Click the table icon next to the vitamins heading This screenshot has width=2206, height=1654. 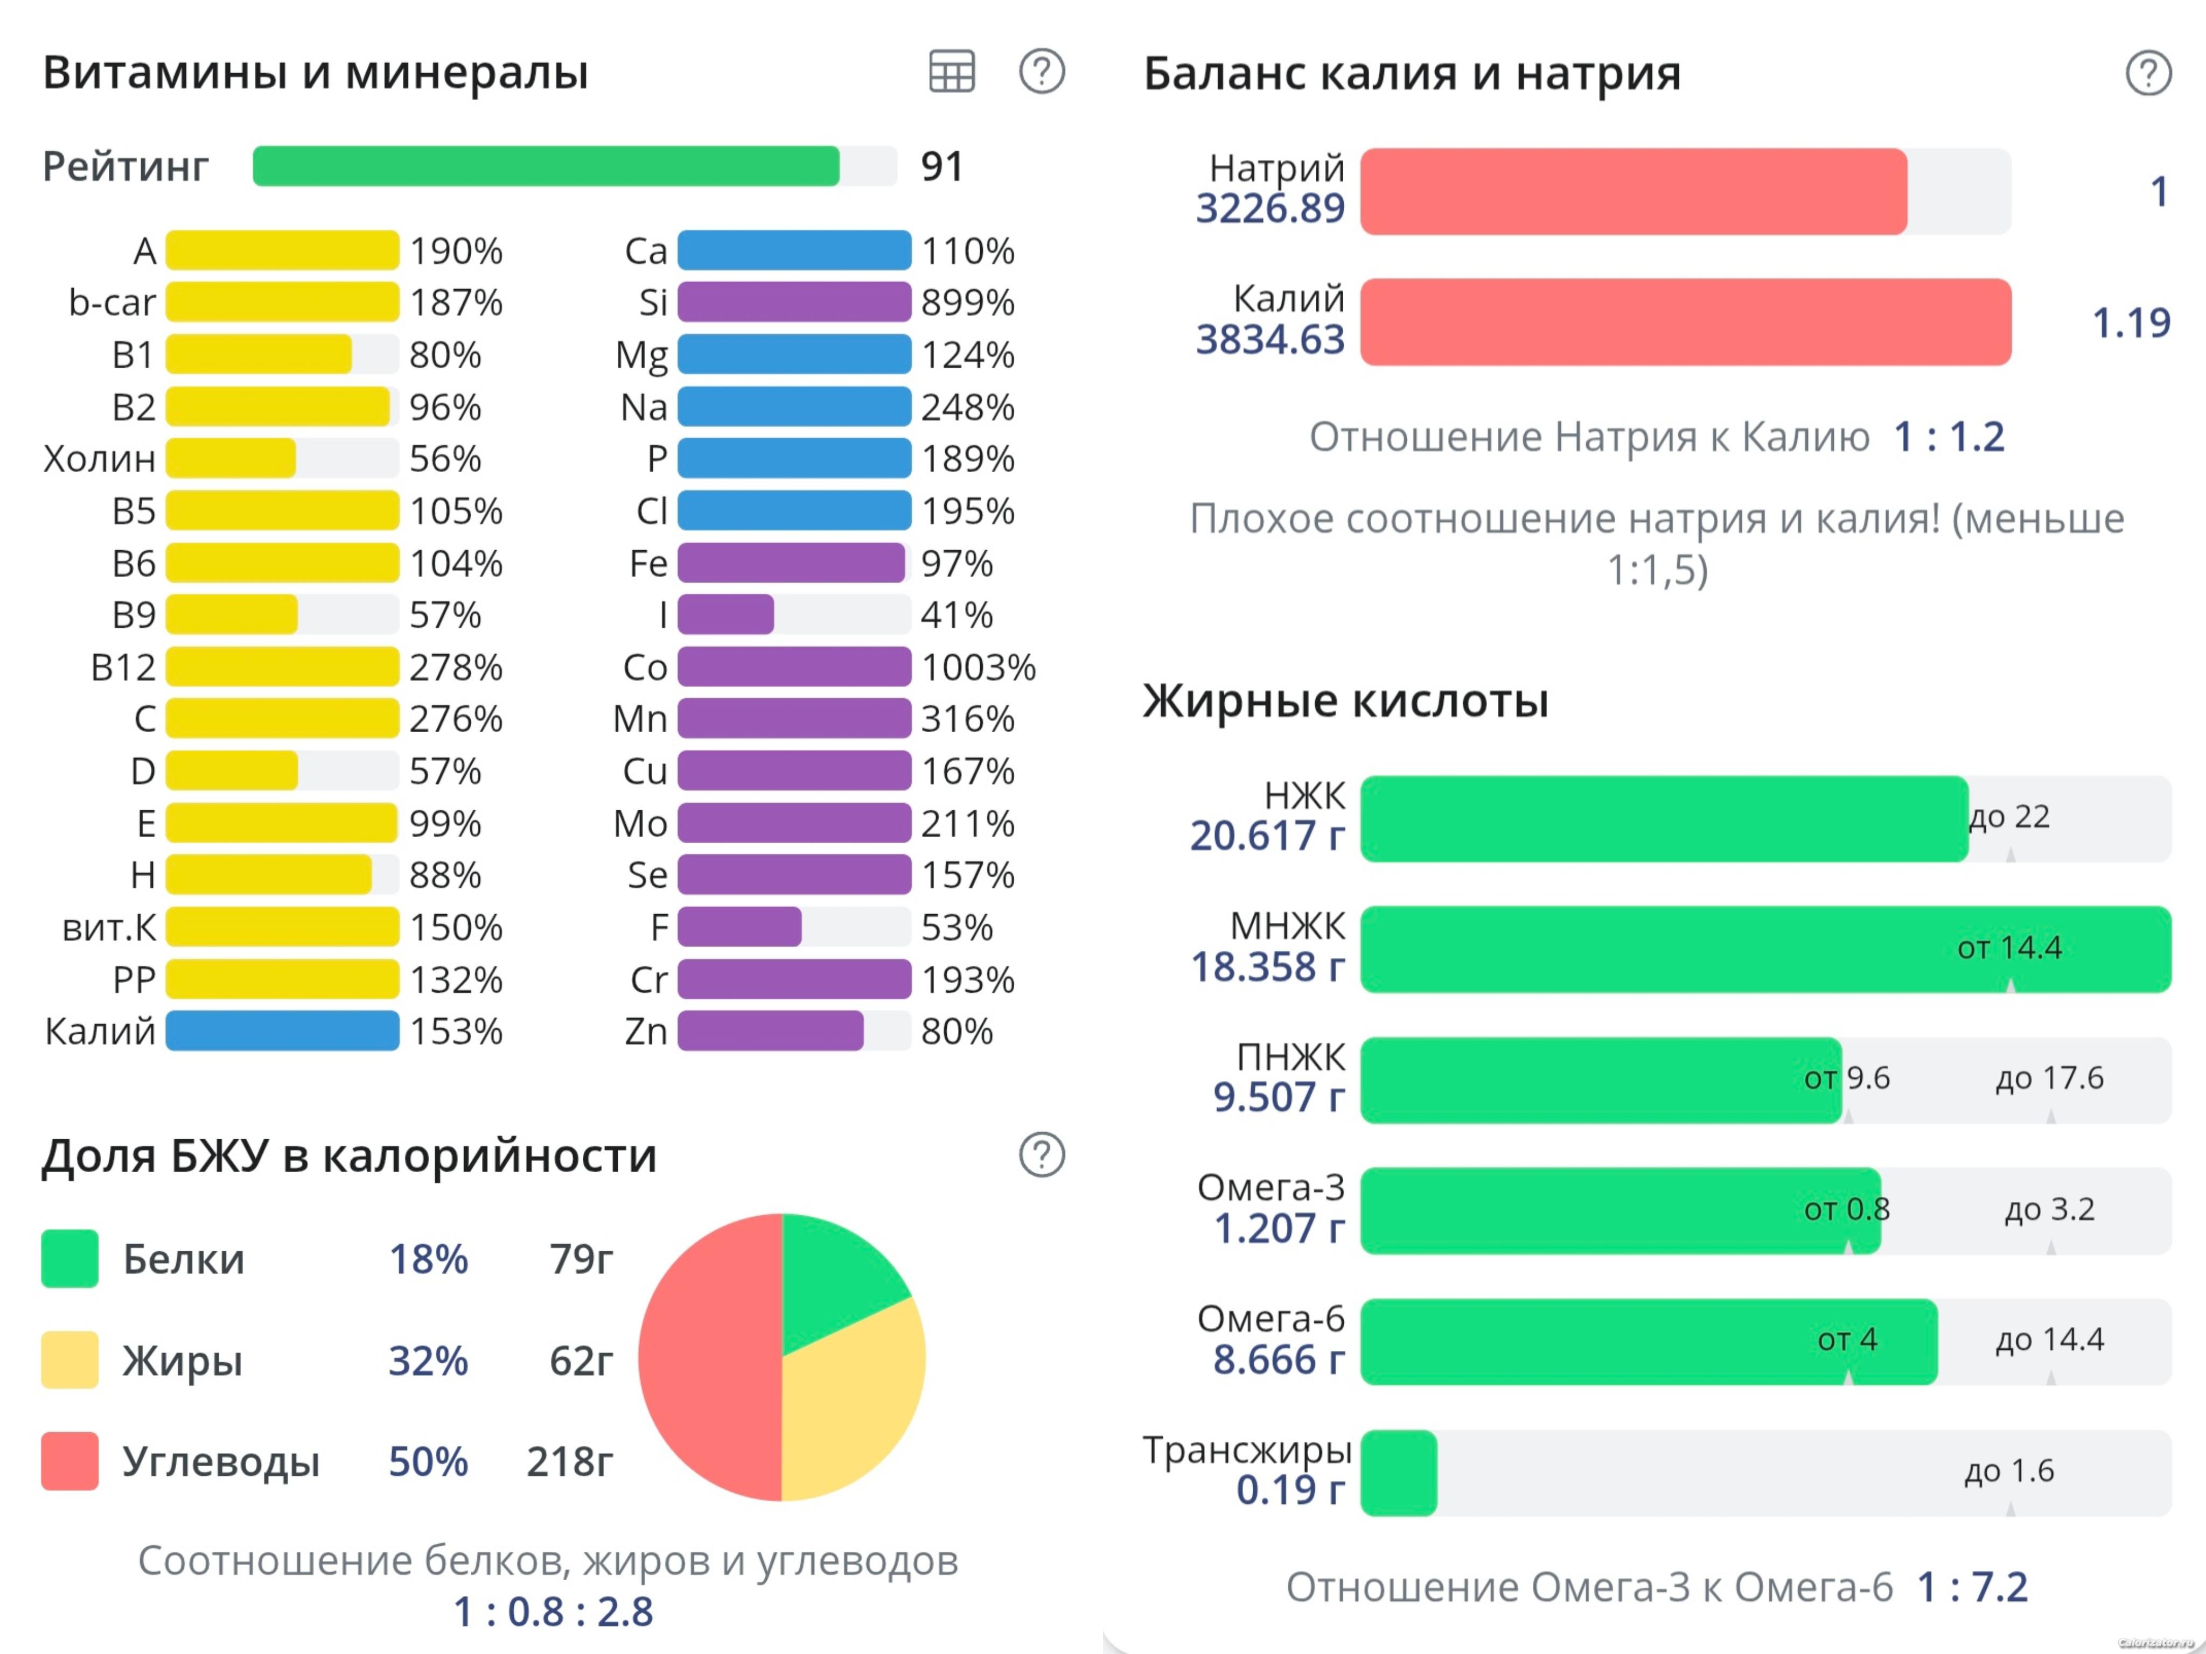952,72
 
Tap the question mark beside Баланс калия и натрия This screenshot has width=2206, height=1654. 2148,73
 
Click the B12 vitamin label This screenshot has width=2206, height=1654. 124,667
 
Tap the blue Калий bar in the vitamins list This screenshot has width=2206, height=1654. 282,1031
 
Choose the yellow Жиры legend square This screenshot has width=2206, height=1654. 70,1360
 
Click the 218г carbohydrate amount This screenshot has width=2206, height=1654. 569,1462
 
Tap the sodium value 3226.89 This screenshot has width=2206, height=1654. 1269,208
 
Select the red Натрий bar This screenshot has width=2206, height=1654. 1633,192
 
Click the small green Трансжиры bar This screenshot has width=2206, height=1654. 1398,1473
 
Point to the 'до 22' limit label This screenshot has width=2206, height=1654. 2009,817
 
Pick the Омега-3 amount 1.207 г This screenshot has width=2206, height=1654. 1279,1228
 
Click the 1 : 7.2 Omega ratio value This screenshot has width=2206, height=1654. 1973,1586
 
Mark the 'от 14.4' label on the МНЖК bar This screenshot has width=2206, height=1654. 2008,947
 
